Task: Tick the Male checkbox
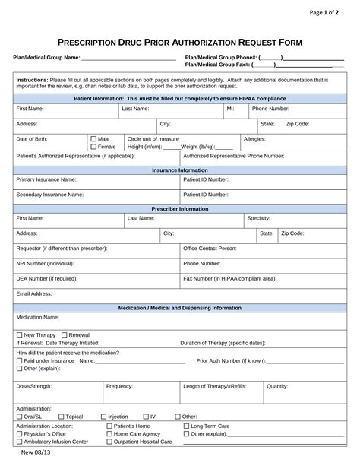[93, 139]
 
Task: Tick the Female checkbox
[93, 147]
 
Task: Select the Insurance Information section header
[180, 170]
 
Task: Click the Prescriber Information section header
[180, 208]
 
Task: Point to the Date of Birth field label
[32, 139]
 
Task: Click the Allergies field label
[254, 139]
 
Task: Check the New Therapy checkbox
[20, 334]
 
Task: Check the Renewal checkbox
[65, 334]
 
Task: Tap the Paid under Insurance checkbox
[20, 360]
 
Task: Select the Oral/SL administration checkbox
[20, 417]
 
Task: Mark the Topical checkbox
[62, 417]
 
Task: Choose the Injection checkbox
[103, 417]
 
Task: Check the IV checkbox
[146, 417]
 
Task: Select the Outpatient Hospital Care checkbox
[109, 442]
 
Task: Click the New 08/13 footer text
[35, 454]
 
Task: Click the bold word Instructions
[33, 79]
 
